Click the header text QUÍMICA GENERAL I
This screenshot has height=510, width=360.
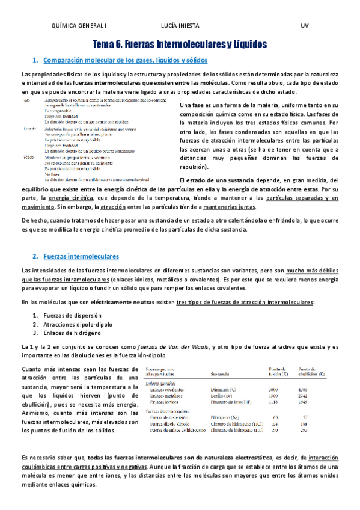79,26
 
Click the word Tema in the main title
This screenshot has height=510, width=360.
106,45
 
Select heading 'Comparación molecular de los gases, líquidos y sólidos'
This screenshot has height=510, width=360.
126,60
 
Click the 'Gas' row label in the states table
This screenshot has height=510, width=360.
26,100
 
